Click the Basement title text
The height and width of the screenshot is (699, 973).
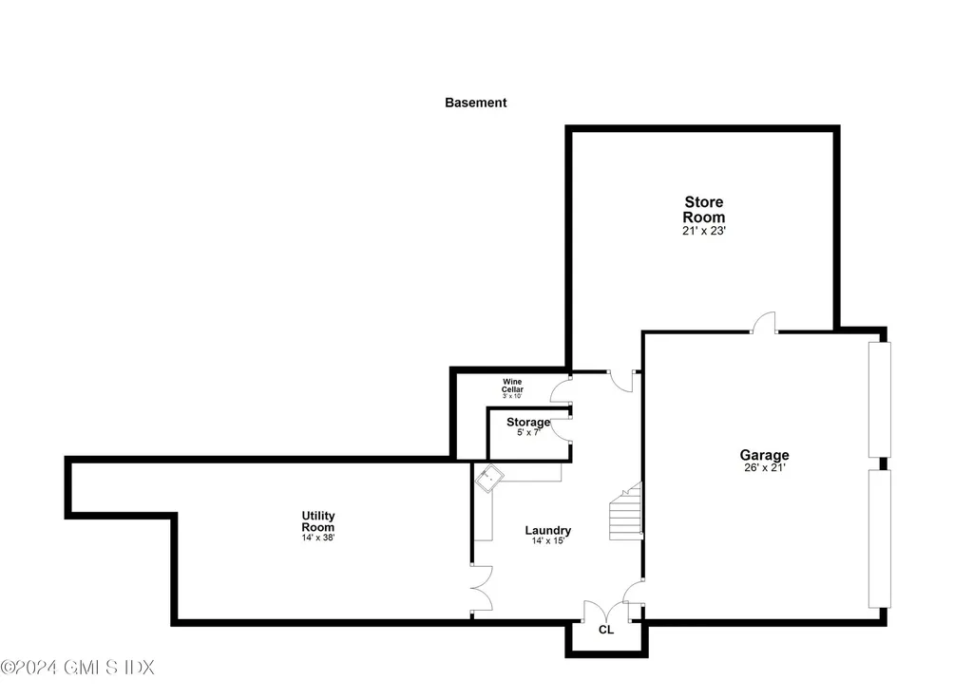[475, 103]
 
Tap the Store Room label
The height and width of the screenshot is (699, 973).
[704, 209]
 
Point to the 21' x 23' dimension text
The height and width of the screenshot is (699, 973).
[704, 230]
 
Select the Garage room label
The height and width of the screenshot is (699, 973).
[765, 455]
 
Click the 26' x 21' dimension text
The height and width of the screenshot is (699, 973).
[765, 467]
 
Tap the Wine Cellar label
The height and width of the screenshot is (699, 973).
[512, 386]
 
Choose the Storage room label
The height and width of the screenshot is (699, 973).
[527, 422]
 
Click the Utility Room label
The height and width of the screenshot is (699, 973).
[318, 521]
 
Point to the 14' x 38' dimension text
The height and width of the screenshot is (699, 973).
[318, 538]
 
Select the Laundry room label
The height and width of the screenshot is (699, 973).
[548, 530]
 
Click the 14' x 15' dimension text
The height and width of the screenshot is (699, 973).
[548, 542]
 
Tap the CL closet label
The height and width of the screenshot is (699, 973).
[606, 630]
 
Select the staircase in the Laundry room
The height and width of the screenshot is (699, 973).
[625, 513]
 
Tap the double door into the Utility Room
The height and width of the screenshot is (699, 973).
[481, 587]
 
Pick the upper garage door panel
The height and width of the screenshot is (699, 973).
[881, 399]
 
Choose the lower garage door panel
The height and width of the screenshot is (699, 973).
[881, 538]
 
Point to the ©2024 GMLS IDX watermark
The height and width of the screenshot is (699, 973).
[77, 668]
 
